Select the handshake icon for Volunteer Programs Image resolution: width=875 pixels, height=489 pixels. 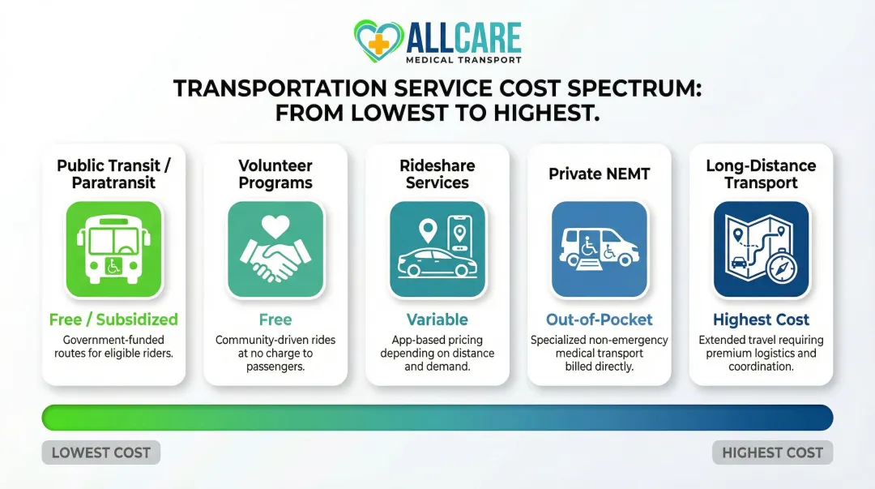click(x=275, y=249)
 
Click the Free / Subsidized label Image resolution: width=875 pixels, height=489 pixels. click(x=113, y=320)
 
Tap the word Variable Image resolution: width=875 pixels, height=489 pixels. click(x=437, y=320)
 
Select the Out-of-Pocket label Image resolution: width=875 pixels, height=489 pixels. click(x=600, y=320)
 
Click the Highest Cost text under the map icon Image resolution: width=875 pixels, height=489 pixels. click(x=762, y=320)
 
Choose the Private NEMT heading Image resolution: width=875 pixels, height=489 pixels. click(x=600, y=174)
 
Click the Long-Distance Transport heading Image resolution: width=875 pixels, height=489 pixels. click(x=762, y=174)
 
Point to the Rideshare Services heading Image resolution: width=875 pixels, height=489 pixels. click(x=437, y=174)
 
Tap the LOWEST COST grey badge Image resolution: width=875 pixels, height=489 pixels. click(x=101, y=453)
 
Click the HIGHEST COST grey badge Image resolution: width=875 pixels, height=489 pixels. click(x=772, y=453)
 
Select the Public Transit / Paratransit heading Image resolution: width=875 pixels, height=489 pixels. click(x=113, y=174)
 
